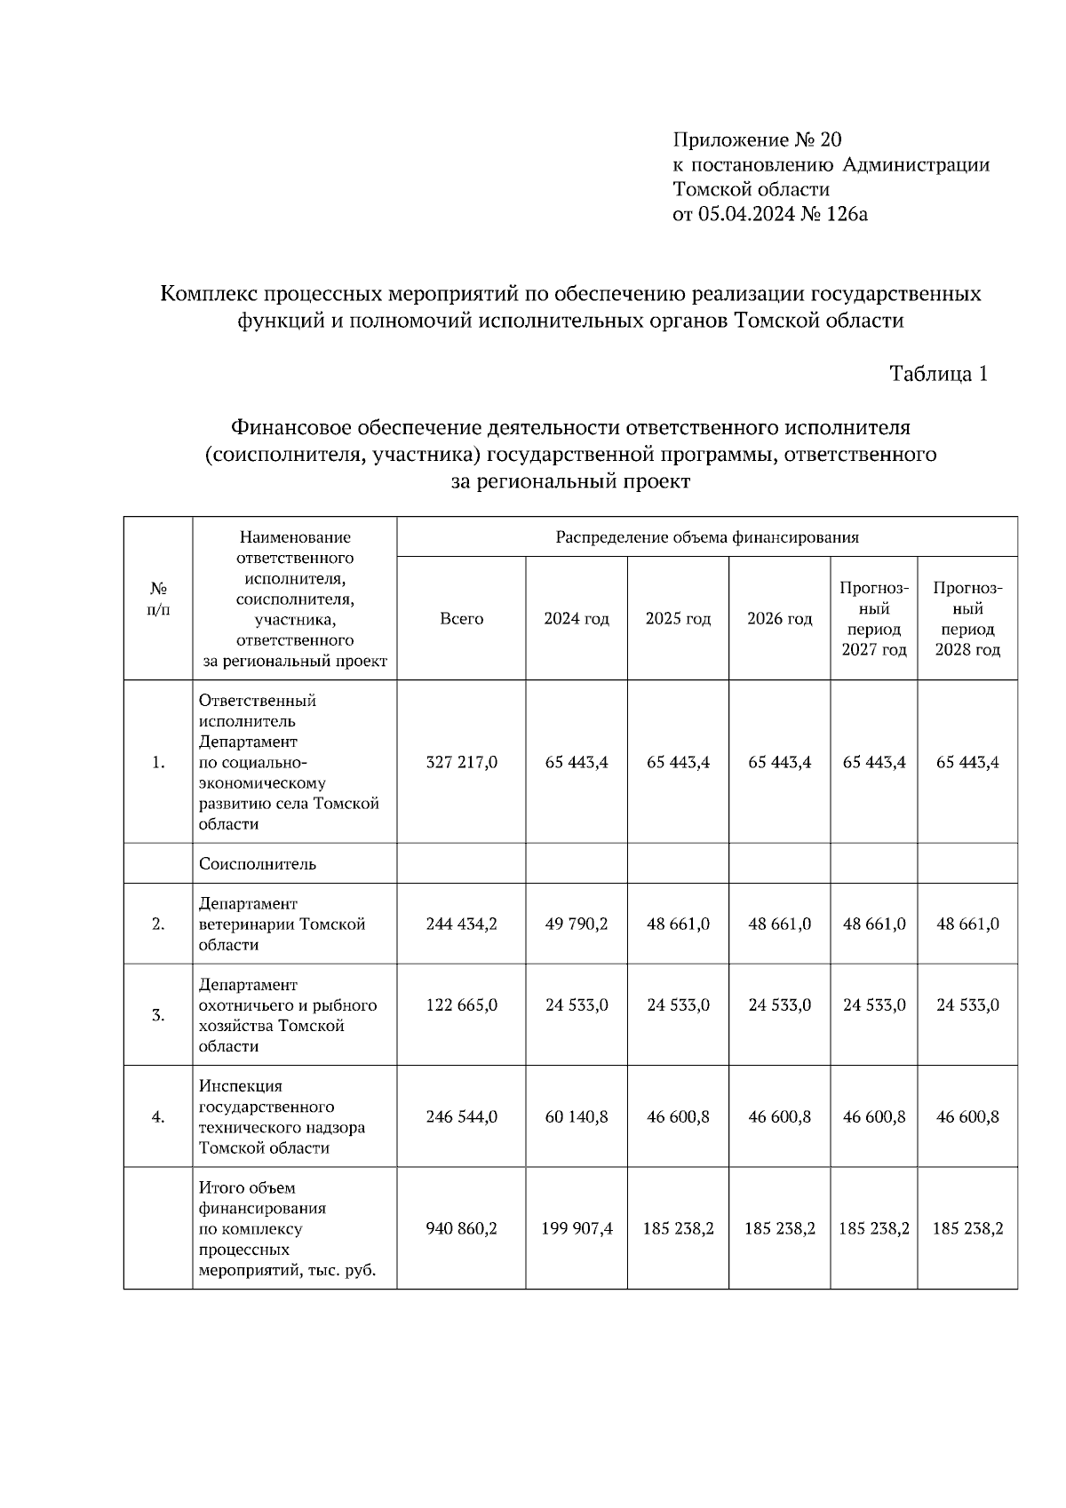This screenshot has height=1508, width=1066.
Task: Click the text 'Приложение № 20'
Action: pos(757,139)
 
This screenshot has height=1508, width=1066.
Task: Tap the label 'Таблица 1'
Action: pos(939,374)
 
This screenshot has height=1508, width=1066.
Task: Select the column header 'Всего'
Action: pos(461,619)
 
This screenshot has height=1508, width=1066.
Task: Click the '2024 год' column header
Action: pos(577,619)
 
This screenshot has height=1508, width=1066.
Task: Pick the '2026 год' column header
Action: pos(779,619)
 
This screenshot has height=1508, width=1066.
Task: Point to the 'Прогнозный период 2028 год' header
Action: pos(967,619)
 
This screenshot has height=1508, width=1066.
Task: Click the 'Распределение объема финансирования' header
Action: pos(707,537)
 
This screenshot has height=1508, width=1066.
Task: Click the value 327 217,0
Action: pos(461,762)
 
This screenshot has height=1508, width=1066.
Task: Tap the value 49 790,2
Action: pos(577,924)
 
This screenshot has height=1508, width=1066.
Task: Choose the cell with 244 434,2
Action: pos(461,924)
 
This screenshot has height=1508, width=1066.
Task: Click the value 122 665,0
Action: pos(461,1005)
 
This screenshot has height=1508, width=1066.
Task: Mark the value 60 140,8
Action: pos(577,1116)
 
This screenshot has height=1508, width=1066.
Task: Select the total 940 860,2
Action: pos(461,1229)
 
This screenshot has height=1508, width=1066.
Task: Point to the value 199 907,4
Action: pos(577,1229)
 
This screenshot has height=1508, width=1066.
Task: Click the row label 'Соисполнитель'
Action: pos(258,864)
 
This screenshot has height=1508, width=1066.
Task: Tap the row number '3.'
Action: pos(158,1015)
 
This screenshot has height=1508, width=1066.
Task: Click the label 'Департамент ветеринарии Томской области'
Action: pos(282,924)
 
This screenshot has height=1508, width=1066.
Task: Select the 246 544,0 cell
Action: pos(461,1116)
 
